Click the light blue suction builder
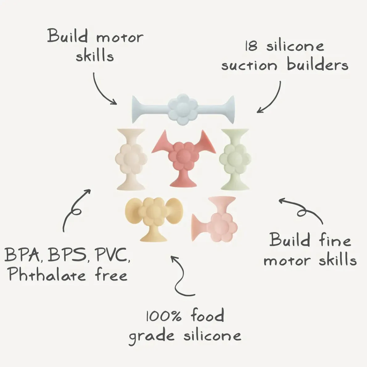point(183,109)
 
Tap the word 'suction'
point(249,65)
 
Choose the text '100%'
point(163,316)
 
